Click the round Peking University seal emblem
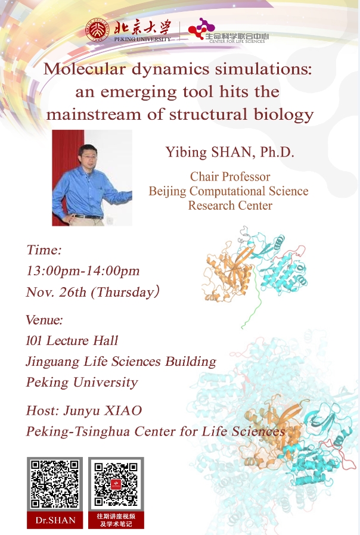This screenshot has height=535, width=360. [97, 30]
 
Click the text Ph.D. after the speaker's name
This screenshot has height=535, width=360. [277, 152]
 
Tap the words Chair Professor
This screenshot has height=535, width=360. [230, 176]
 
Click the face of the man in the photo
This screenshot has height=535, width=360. [87, 155]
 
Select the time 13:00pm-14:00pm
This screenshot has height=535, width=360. [83, 271]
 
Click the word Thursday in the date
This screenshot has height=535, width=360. [123, 293]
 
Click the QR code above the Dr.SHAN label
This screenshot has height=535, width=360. [55, 484]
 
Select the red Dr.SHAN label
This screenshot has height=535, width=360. [55, 520]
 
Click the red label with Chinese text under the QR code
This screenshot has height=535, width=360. [116, 520]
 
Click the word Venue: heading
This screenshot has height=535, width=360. [44, 320]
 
